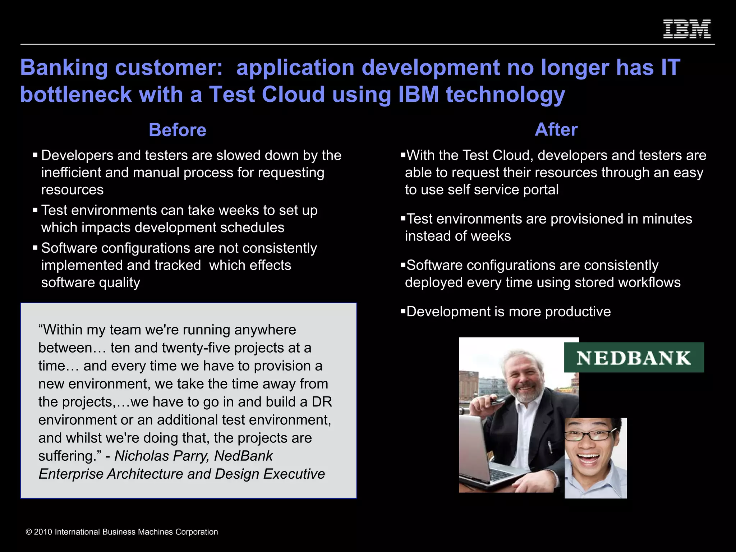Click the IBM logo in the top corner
click(x=687, y=29)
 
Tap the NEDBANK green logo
click(x=634, y=358)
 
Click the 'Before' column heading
click(x=178, y=130)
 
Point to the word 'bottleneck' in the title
click(x=76, y=94)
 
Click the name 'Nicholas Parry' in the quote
click(x=161, y=456)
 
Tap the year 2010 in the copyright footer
click(x=43, y=532)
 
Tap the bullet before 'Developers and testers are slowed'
click(x=35, y=155)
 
